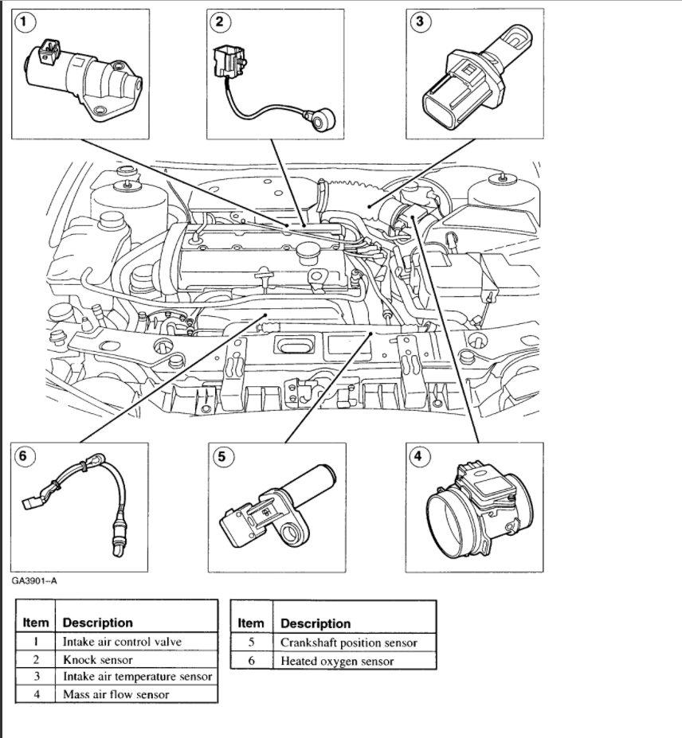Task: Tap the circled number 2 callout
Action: [221, 22]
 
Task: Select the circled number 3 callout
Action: [419, 22]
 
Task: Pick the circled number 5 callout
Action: [221, 456]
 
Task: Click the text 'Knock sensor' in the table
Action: [97, 659]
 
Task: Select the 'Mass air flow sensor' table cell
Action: [115, 694]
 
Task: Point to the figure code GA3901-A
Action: [34, 580]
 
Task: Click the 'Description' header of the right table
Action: [316, 623]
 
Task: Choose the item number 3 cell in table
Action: [36, 677]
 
